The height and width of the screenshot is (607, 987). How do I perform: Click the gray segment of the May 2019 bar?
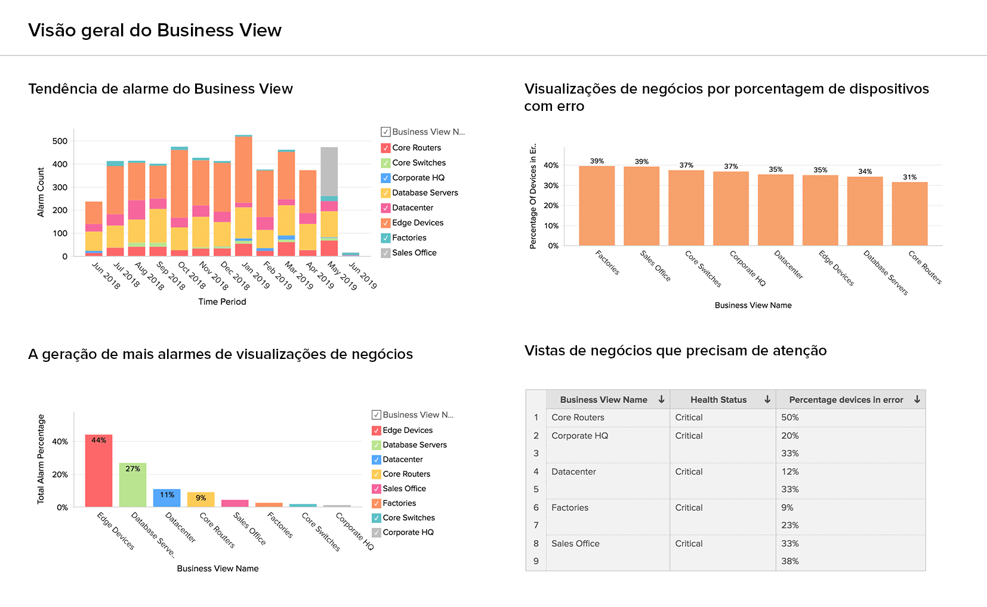pos(329,171)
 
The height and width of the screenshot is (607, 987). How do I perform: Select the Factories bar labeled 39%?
pos(597,206)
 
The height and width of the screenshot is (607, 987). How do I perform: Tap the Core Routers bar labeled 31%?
pos(909,213)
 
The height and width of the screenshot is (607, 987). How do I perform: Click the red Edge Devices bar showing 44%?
pos(98,471)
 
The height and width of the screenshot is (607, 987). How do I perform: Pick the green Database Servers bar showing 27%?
pos(132,485)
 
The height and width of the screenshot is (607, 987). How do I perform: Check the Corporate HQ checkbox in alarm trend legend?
pos(385,178)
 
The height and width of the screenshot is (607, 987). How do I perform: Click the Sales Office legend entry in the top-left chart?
pos(414,253)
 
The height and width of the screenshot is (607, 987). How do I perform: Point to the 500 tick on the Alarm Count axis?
pos(60,141)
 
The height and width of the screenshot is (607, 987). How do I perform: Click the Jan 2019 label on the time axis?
pos(255,275)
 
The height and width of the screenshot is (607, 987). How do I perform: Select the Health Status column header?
pos(718,399)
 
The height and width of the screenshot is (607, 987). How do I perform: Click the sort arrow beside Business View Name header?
pos(661,399)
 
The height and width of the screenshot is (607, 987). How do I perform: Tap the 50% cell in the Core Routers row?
pos(790,417)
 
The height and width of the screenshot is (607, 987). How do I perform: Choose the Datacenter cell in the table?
pos(573,472)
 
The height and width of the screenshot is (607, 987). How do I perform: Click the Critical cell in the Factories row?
pos(689,507)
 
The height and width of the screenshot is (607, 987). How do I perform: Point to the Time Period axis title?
pos(222,302)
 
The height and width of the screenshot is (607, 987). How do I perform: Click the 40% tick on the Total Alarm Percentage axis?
pos(60,442)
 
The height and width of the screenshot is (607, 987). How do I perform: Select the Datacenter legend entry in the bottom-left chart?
pos(402,459)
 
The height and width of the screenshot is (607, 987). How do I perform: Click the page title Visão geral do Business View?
pos(155,30)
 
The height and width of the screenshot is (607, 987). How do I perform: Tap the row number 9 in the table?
pos(536,561)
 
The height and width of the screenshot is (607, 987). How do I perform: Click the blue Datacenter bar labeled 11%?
pos(166,498)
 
